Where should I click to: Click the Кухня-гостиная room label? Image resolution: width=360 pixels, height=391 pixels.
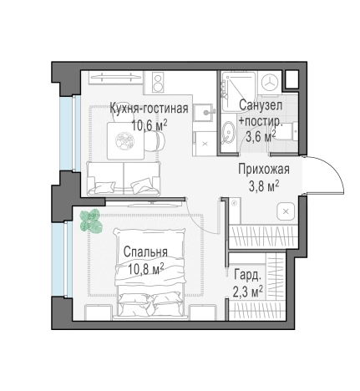149,108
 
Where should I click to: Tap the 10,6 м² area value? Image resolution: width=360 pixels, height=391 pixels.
150,125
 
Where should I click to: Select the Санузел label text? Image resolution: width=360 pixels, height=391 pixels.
261,105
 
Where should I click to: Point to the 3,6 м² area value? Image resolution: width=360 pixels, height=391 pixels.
261,136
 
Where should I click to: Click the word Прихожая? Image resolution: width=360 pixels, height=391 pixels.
264,169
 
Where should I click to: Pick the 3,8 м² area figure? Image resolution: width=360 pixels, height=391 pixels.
264,186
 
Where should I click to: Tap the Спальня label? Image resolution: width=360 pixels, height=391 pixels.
145,252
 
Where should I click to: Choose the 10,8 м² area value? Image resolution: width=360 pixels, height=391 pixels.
145,269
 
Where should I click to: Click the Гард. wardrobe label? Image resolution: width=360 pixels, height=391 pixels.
248,275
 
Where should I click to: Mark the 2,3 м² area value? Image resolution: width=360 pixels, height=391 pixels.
248,292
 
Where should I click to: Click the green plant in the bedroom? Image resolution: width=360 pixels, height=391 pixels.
90,221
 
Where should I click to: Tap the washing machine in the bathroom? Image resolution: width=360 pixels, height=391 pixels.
270,82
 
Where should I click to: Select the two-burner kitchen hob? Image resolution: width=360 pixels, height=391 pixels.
158,83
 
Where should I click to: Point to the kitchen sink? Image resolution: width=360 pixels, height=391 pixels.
203,112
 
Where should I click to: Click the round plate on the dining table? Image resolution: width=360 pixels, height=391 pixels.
125,141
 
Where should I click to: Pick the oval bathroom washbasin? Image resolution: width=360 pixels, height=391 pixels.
229,132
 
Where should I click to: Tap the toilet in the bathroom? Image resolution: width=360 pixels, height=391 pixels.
287,131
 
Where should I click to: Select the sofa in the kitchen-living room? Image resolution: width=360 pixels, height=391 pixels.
124,178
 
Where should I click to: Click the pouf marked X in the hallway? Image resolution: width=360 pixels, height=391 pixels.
286,211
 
